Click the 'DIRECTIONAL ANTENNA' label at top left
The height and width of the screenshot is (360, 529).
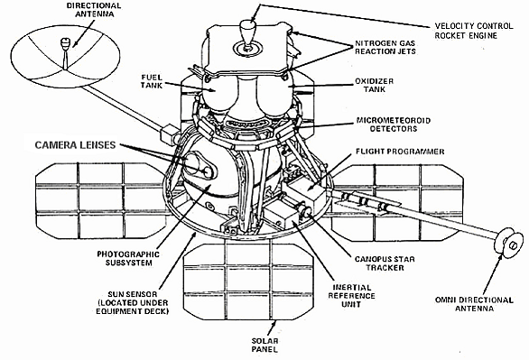click(94, 9)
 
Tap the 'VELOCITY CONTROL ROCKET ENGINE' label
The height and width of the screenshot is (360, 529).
click(474, 31)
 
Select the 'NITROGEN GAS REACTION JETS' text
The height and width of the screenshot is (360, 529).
click(385, 47)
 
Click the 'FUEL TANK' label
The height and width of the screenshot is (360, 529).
click(152, 81)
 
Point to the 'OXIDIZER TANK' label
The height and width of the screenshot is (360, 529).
click(374, 86)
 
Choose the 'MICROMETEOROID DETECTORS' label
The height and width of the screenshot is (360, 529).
click(394, 125)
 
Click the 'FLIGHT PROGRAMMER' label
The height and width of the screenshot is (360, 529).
click(400, 152)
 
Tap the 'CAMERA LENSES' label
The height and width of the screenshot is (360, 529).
click(75, 145)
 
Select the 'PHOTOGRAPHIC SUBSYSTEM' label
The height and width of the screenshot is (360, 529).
click(128, 258)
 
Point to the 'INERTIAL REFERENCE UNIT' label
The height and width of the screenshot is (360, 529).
click(351, 296)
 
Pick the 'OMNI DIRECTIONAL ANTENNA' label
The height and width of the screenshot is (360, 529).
click(474, 304)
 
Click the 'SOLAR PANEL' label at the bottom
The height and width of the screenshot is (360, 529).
click(264, 345)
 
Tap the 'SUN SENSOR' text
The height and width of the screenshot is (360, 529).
click(133, 294)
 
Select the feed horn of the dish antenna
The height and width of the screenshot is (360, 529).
click(64, 44)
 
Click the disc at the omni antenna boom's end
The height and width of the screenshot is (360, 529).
click(509, 242)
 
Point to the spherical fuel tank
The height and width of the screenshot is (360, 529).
click(219, 92)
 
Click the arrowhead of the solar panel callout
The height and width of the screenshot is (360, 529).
click(274, 323)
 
